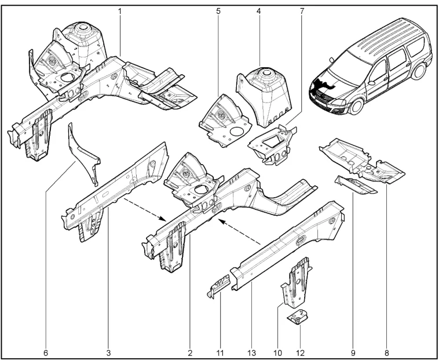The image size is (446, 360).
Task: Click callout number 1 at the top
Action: click(120, 12)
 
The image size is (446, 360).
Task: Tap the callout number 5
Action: click(218, 12)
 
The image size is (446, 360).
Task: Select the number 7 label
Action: click(302, 12)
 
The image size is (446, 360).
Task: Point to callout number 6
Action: click(46, 353)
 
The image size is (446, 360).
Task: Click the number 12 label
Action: click(300, 353)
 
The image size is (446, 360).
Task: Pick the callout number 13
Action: click(252, 353)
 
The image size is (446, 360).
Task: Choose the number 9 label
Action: click(353, 353)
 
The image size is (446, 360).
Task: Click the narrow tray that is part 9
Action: click(356, 186)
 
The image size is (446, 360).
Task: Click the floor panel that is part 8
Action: click(362, 161)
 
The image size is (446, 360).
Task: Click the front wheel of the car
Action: click(356, 106)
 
